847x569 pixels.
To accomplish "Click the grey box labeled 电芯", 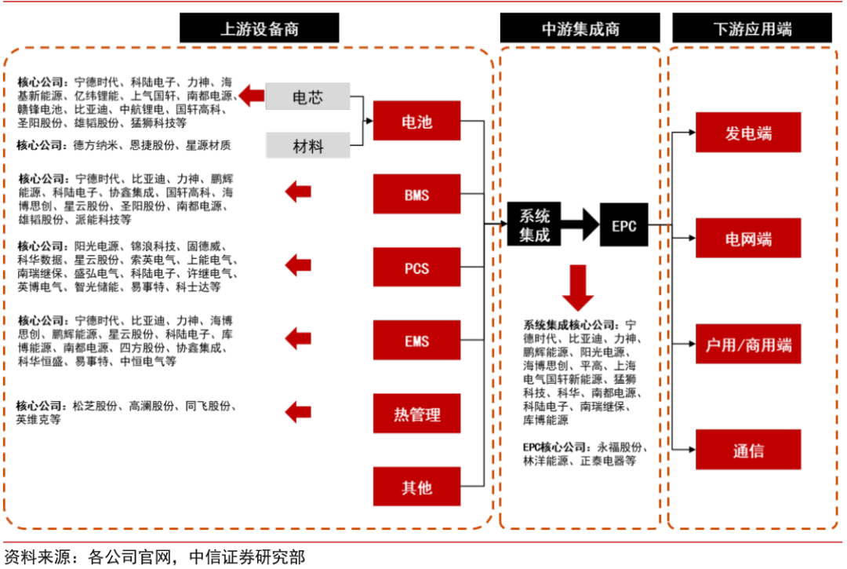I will (x=307, y=97).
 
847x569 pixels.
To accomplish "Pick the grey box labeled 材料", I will (x=307, y=146).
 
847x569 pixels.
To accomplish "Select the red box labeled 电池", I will (x=416, y=122).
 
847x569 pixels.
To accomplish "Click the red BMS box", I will (x=416, y=195).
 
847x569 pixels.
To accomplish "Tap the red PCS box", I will (x=416, y=268).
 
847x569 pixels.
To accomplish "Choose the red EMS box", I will (x=416, y=341).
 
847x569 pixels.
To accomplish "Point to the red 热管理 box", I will (x=416, y=414).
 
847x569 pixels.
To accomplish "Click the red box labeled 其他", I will (x=416, y=487).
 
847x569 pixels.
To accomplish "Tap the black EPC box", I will (x=624, y=226).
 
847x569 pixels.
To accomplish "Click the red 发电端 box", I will (x=748, y=133).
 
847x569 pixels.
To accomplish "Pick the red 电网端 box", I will (x=748, y=239).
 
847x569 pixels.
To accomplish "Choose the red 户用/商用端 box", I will (x=748, y=345).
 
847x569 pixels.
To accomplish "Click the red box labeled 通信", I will (x=748, y=450).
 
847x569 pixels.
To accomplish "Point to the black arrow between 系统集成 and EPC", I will (x=580, y=225).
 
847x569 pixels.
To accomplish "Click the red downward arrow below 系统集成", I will (x=579, y=287).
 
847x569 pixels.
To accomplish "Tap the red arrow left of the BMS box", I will (x=298, y=191).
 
